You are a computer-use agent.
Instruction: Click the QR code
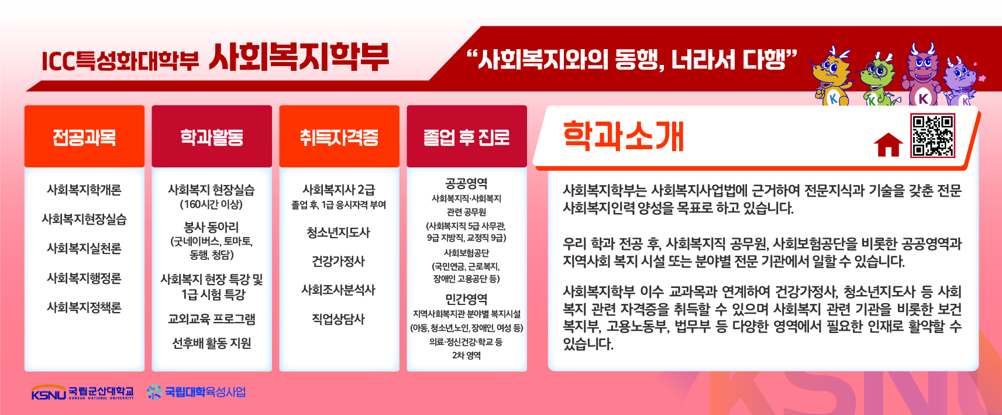coord(932,136)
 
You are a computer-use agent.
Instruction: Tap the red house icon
coord(888,145)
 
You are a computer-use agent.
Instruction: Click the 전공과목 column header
coord(85,136)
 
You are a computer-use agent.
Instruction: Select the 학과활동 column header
coord(212,136)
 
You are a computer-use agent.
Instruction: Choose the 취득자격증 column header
coord(339,136)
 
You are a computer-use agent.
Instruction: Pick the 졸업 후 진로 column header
coord(467,136)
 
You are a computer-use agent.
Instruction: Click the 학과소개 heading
coord(623,136)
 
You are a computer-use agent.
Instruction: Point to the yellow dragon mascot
coord(831,76)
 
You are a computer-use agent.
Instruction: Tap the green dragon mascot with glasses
coord(877,81)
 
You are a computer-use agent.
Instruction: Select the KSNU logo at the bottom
coord(82,392)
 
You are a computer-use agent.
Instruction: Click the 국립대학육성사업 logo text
coord(197,392)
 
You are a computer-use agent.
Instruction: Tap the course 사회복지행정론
coord(84,278)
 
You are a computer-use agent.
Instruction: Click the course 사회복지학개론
coord(84,190)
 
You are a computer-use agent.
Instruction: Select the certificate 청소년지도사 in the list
coord(339,232)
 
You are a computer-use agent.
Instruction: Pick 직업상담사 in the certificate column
coord(339,319)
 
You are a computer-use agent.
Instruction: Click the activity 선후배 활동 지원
coord(212,343)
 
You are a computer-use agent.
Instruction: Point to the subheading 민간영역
coord(466,299)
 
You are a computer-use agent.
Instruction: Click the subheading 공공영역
coord(466,183)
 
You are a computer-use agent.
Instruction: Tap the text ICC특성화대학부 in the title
coord(120,61)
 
